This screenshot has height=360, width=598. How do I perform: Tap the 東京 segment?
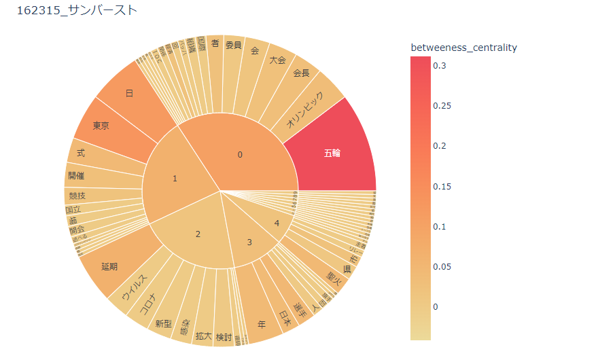102,126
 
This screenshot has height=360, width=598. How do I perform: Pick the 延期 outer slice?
109,266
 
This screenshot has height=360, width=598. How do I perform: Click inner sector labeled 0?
239,155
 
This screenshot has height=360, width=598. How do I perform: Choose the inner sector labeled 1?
175,179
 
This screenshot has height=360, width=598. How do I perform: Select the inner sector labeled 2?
198,234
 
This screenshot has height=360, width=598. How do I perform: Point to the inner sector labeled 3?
249,242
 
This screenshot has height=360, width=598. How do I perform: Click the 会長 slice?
301,73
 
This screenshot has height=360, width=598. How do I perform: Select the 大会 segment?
277,59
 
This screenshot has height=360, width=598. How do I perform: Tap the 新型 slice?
164,323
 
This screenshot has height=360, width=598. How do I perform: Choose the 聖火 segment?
333,277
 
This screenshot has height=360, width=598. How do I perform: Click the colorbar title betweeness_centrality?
464,48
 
